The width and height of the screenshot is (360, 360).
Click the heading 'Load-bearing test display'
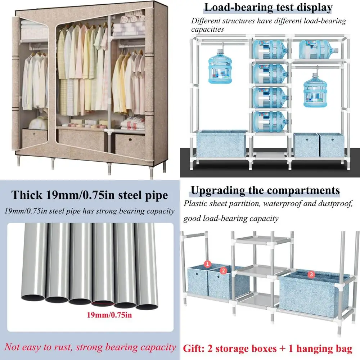click(x=268, y=8)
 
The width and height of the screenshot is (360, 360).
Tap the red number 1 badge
click(x=207, y=264)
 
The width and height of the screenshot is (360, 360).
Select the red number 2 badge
click(x=223, y=270)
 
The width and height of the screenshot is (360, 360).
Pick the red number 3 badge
click(x=312, y=274)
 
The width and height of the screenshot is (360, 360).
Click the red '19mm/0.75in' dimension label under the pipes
click(x=109, y=315)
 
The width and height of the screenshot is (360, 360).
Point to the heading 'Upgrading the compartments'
click(x=265, y=190)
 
